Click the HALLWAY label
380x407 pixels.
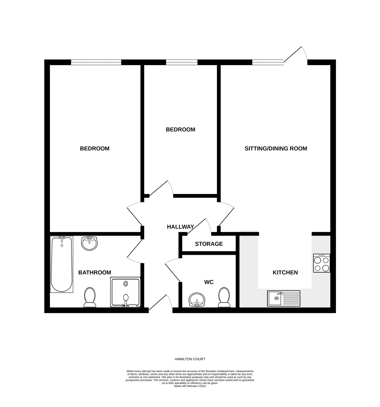coord(180,227)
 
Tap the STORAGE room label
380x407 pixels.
coord(209,244)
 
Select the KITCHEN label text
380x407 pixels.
coord(285,272)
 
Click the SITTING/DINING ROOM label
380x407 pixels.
coord(276,148)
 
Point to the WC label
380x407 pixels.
coord(209,282)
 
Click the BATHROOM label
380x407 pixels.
coord(95,272)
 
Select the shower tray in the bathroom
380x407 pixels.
coord(125,292)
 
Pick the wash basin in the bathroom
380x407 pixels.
coord(89,243)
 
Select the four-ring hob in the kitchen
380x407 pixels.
coord(322,263)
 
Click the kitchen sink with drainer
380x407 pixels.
coord(284,298)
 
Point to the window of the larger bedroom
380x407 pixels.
coord(96,62)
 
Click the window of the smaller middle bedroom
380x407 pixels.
coord(182,62)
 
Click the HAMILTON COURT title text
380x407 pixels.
coord(190,359)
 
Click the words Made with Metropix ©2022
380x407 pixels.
coord(190,386)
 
